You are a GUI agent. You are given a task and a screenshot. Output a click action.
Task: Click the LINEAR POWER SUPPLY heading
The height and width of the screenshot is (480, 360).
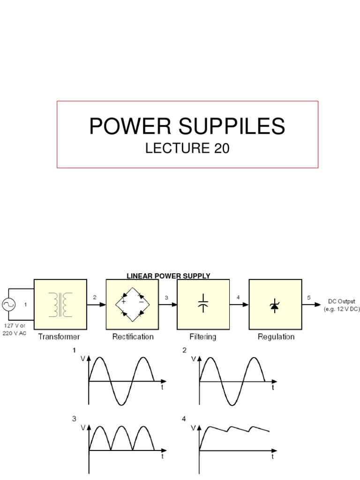coord(168,276)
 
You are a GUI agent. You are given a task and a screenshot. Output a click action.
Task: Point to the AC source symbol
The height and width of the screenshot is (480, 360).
coord(9,305)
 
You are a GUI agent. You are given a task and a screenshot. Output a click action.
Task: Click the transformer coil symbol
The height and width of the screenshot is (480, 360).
coord(60,304)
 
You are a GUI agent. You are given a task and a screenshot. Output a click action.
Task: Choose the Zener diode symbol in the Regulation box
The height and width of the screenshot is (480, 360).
coord(275,305)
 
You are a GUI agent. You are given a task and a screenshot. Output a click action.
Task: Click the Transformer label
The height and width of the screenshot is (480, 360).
coord(60,337)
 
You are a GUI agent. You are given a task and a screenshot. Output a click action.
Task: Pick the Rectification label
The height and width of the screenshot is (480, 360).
coord(132,337)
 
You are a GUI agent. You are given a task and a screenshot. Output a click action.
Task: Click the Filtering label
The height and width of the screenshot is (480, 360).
coord(203,337)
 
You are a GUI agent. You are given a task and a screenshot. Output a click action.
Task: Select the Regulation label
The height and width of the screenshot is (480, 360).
coord(276,337)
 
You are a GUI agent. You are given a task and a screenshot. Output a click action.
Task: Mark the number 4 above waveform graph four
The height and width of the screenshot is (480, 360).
coord(184,419)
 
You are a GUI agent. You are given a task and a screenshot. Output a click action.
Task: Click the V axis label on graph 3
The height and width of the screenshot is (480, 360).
coord(83,428)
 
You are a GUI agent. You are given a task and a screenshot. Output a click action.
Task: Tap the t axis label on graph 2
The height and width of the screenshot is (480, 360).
coord(273,388)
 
